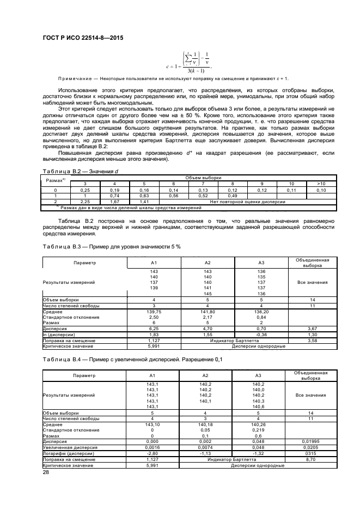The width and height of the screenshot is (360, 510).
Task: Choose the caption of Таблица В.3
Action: tap(111, 247)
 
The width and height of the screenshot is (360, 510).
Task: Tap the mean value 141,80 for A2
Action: tap(207, 312)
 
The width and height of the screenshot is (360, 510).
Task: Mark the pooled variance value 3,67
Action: tap(312, 329)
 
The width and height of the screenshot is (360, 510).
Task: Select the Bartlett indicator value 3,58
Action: tap(312, 339)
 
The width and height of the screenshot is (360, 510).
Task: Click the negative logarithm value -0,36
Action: tap(261, 334)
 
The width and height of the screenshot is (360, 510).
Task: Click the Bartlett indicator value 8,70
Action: tap(312, 459)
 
